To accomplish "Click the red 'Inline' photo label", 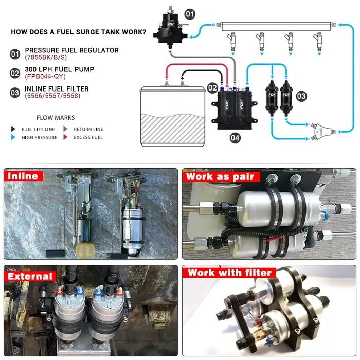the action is click(24, 176).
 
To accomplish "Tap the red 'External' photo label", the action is click(30, 276).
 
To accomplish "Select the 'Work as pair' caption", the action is click(221, 177).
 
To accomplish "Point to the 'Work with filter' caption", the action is click(229, 273).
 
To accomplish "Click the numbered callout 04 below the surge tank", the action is click(235, 138).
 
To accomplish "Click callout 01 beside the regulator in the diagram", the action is click(190, 14).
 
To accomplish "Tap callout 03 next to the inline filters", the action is click(301, 96).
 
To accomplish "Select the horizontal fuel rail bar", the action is click(276, 26).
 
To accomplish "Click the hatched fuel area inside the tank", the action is click(172, 128).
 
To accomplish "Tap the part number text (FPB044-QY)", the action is click(45, 77).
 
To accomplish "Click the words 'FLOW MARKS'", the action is click(56, 118).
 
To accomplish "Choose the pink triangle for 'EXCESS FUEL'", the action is click(65, 137).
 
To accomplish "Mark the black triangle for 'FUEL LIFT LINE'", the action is click(13, 129).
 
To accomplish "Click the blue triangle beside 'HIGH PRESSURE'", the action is click(13, 137).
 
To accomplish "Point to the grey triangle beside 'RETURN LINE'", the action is click(65, 129).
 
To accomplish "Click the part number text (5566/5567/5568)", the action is click(52, 96).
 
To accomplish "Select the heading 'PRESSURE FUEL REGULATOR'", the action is click(71, 50).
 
